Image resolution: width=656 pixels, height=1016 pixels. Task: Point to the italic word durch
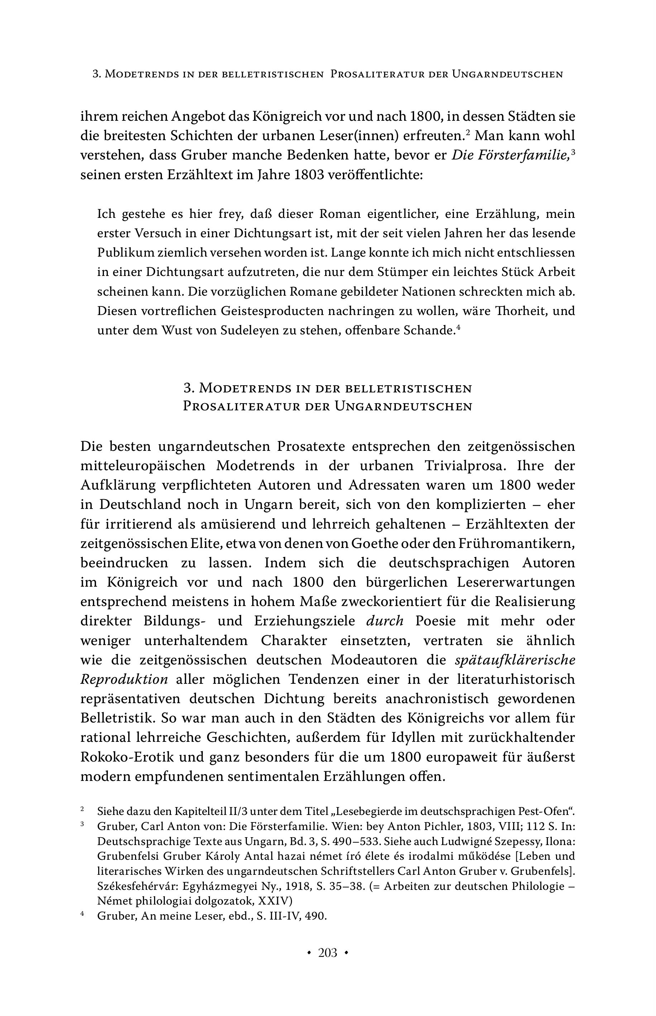(x=385, y=621)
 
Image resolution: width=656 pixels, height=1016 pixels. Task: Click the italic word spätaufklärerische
(x=515, y=660)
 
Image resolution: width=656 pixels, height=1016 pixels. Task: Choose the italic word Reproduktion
(x=124, y=679)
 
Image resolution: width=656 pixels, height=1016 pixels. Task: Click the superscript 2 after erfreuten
(x=467, y=133)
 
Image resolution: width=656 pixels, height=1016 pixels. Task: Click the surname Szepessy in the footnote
(x=522, y=842)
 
